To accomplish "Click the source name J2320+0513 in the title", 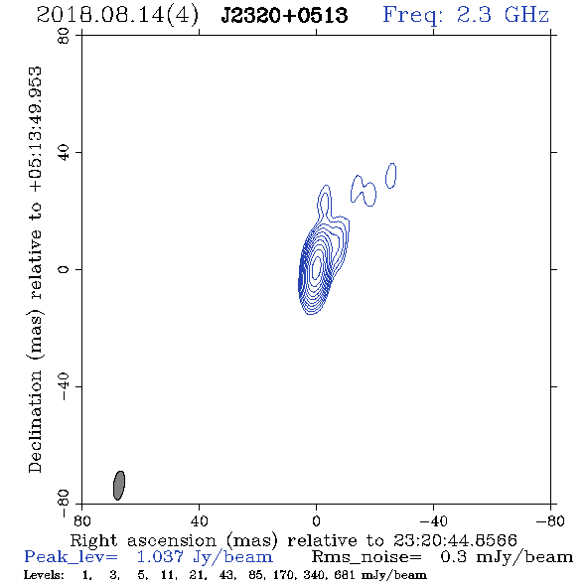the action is (x=284, y=16).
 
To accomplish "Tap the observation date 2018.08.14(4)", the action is (x=117, y=16).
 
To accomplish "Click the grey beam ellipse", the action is (x=119, y=485).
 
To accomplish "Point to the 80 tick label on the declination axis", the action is (x=64, y=36).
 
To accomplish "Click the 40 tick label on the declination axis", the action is (x=64, y=153).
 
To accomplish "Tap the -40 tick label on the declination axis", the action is (x=64, y=386).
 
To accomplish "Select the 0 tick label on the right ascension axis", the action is (x=316, y=521).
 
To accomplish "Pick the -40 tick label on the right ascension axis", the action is (x=433, y=521).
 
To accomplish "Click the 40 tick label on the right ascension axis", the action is (x=199, y=521).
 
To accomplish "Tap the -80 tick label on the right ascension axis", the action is (x=550, y=521).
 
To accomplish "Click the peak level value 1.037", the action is (x=160, y=557).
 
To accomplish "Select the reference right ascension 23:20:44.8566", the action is (x=455, y=540).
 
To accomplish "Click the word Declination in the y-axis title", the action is (x=35, y=421).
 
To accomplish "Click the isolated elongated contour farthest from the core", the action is (x=391, y=176).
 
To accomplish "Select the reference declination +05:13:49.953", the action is (x=36, y=129).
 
